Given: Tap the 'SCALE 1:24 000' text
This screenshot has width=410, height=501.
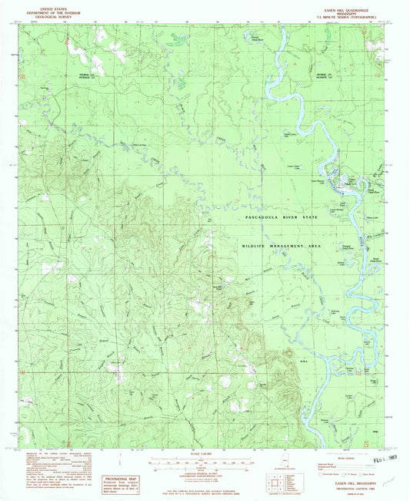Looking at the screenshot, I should click(x=205, y=452).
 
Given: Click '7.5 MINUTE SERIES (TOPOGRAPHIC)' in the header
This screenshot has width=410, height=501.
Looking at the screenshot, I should click(x=348, y=13).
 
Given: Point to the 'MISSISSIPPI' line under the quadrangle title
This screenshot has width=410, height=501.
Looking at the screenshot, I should click(x=348, y=8).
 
